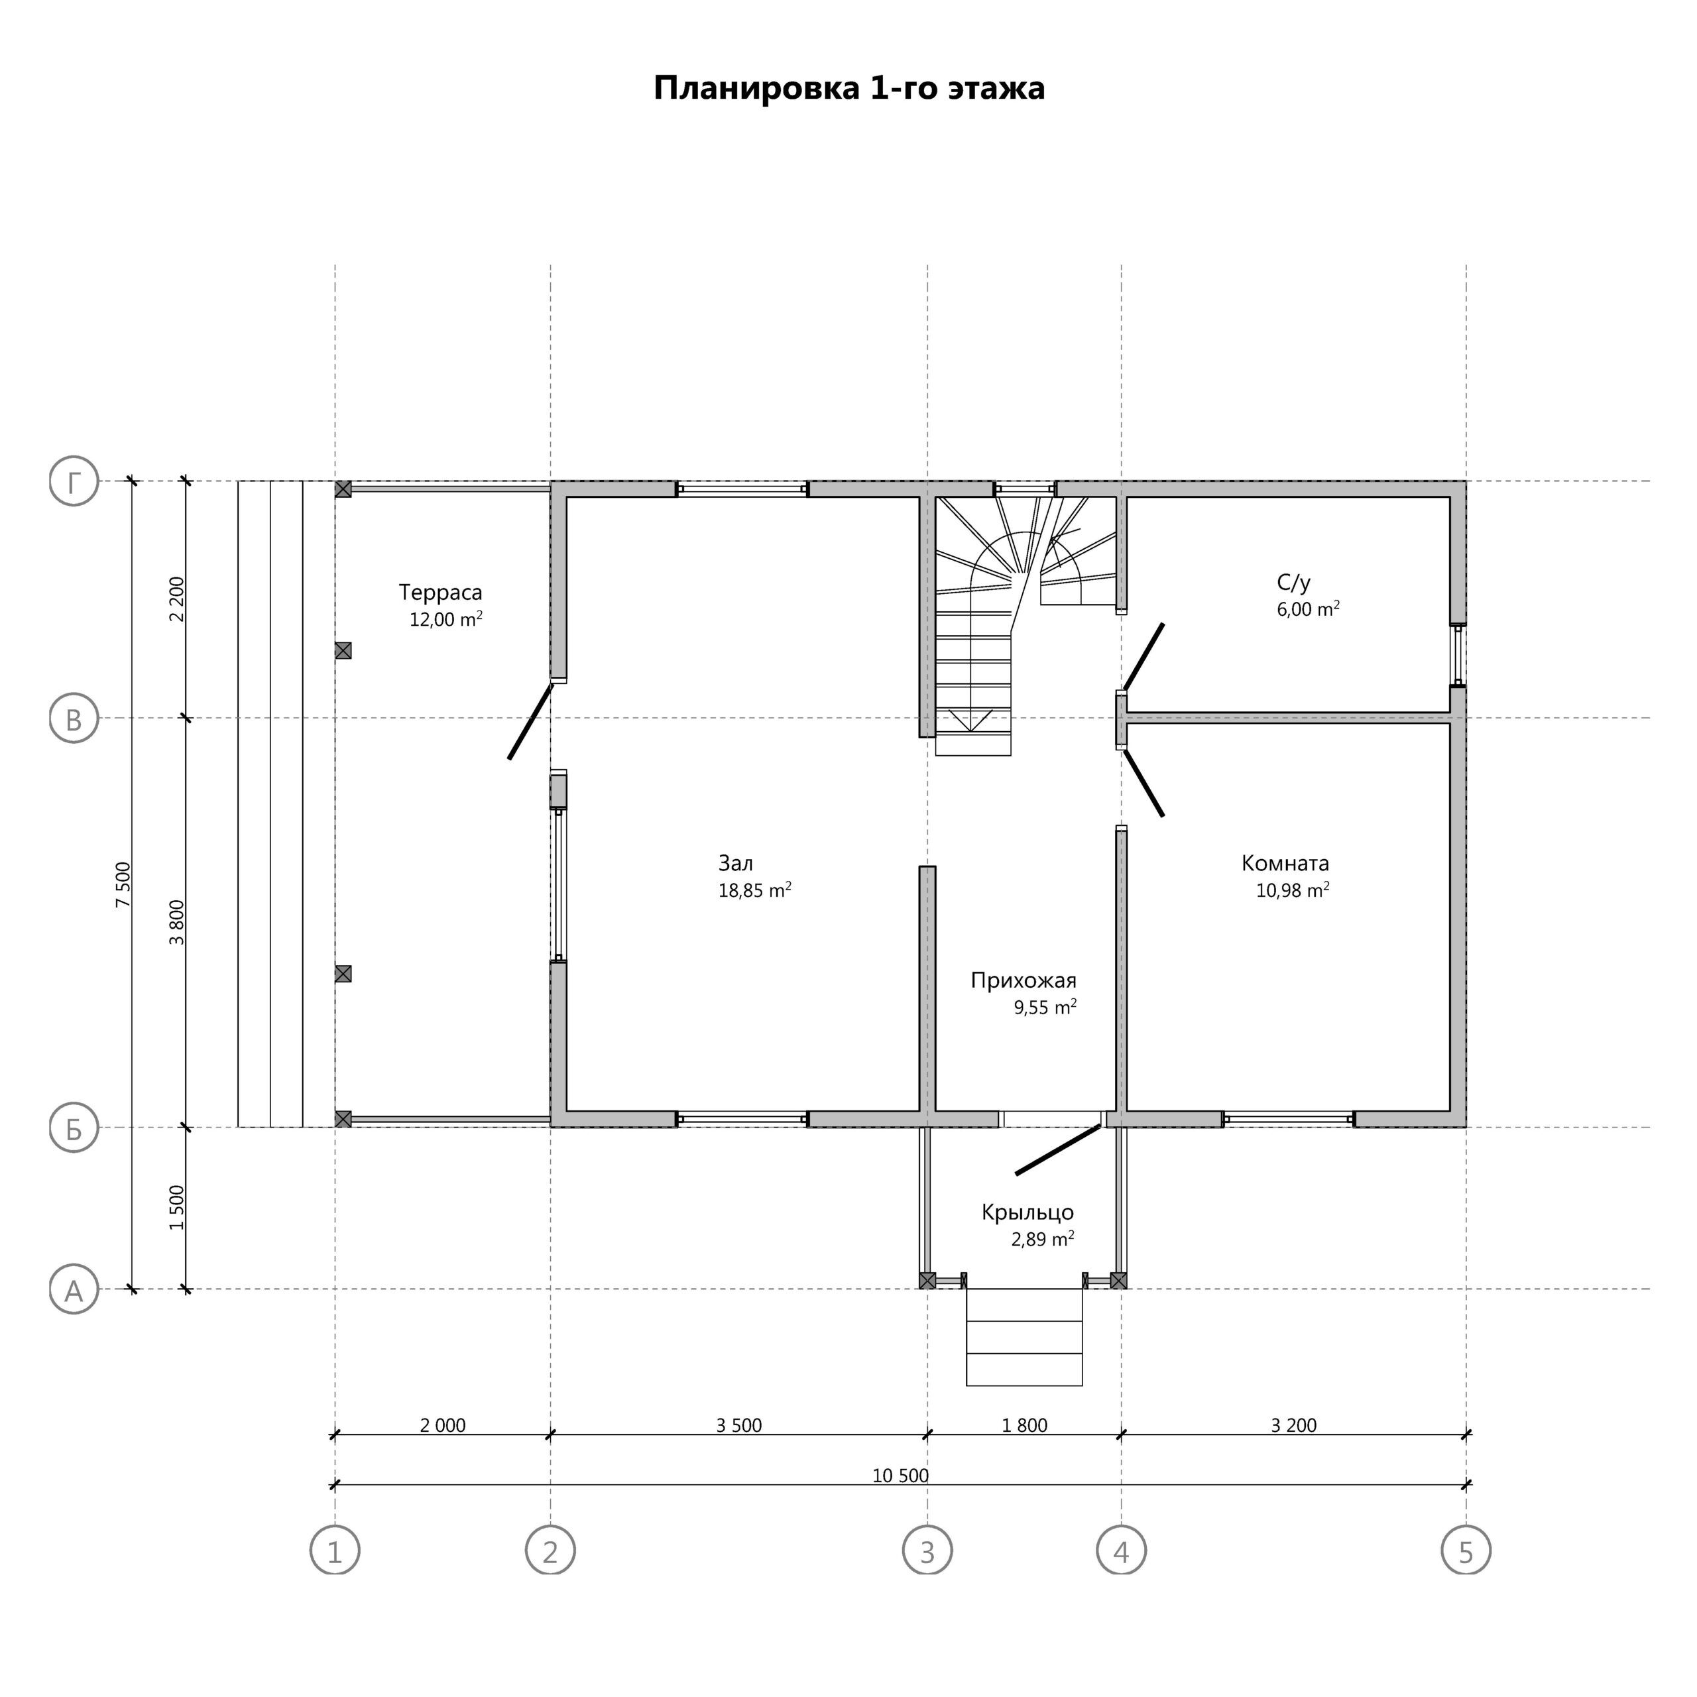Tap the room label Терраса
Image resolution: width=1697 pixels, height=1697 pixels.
[440, 593]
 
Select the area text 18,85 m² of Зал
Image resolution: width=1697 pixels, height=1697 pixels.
[754, 890]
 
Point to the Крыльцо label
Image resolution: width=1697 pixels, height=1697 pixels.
[1027, 1213]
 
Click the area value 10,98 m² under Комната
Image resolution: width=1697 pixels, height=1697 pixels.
[1292, 890]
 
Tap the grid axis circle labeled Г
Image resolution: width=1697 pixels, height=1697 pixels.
[74, 481]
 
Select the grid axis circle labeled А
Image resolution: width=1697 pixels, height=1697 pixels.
[74, 1289]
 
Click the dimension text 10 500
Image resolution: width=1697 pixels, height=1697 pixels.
[900, 1476]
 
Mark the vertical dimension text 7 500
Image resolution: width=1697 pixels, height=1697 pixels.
[123, 886]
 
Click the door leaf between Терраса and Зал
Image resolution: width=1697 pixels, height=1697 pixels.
[530, 721]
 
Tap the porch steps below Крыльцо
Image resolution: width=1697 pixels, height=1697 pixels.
[1024, 1337]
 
